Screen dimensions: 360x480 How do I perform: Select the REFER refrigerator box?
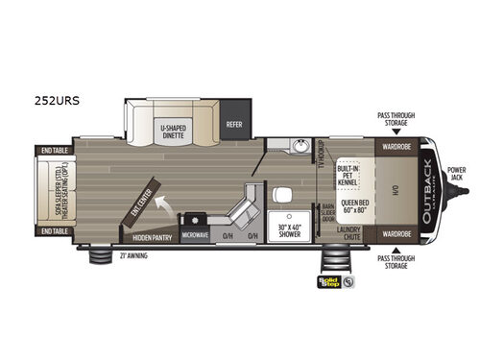pyautogui.click(x=234, y=124)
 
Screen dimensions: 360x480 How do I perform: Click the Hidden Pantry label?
pyautogui.click(x=152, y=236)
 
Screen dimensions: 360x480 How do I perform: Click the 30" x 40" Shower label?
pyautogui.click(x=289, y=228)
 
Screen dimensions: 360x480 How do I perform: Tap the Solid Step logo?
pyautogui.click(x=331, y=282)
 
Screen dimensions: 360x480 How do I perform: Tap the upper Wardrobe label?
pyautogui.click(x=396, y=149)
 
